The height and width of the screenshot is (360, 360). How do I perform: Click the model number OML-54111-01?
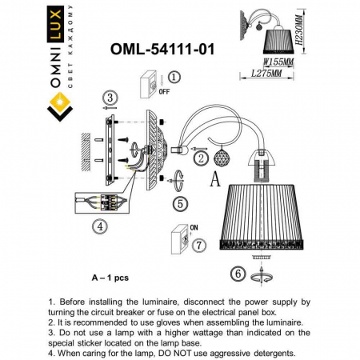click(x=161, y=49)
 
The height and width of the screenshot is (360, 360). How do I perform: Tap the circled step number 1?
click(x=175, y=78)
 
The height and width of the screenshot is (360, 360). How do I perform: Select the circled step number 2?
click(x=201, y=158)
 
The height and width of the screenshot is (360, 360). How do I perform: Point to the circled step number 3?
click(x=110, y=97)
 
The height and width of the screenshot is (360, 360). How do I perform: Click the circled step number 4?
click(x=99, y=226)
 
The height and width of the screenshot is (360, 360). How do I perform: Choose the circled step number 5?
click(x=182, y=203)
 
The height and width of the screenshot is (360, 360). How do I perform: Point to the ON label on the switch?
click(x=192, y=226)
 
